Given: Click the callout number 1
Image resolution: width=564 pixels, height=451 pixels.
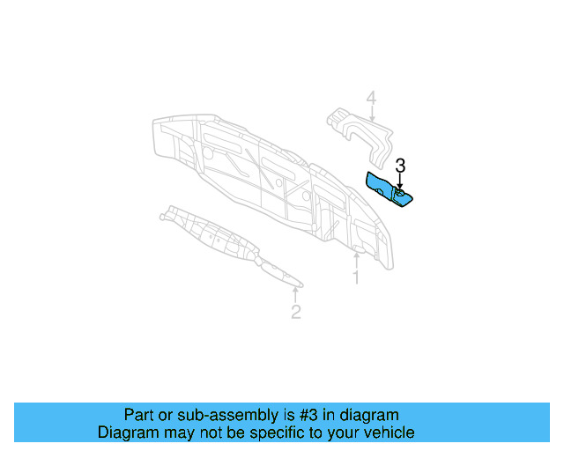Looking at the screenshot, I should (356, 277).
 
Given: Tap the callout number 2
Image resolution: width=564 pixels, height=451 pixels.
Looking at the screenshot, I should (296, 311).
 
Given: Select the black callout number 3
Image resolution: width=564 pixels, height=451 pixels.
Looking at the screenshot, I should (400, 165).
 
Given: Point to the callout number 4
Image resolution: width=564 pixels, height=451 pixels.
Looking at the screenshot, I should (371, 99).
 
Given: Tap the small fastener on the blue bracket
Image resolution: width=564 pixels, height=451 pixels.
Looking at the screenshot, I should (400, 192).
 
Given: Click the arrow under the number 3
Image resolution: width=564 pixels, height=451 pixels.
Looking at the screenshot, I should (400, 181).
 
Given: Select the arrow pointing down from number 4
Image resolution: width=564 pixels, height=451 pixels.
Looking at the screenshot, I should (371, 117).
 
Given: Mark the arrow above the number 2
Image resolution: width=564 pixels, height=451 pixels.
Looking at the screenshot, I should (296, 292).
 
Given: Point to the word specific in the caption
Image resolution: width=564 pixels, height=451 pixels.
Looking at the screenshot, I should (280, 433).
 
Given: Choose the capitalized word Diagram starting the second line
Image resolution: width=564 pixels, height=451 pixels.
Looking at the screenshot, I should (127, 433).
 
